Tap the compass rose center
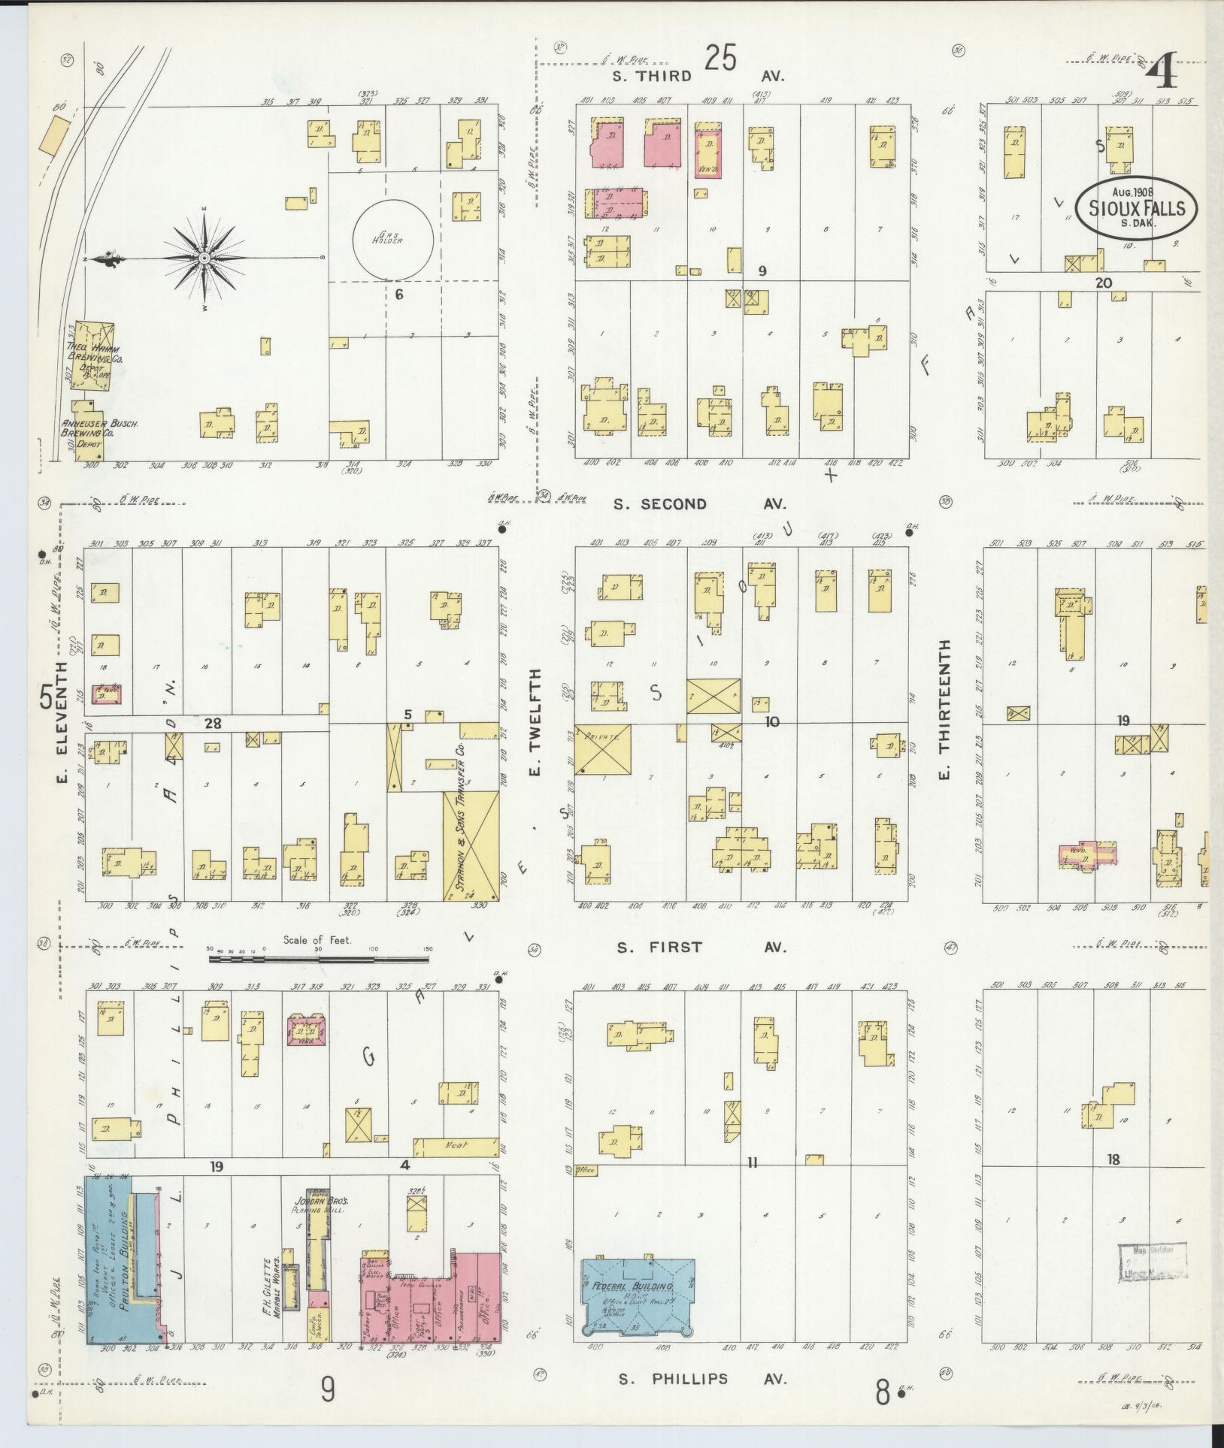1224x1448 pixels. (205, 258)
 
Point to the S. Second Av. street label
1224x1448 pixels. (700, 504)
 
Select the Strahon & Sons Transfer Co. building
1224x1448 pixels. (471, 844)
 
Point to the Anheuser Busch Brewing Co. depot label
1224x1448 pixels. (89, 433)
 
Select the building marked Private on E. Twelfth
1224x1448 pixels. (603, 749)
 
